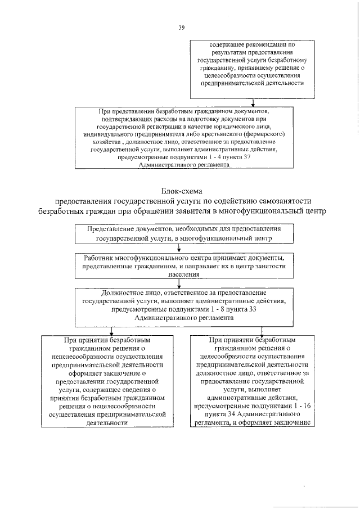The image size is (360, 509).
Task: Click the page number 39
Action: (181, 26)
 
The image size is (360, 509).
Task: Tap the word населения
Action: (181, 275)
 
